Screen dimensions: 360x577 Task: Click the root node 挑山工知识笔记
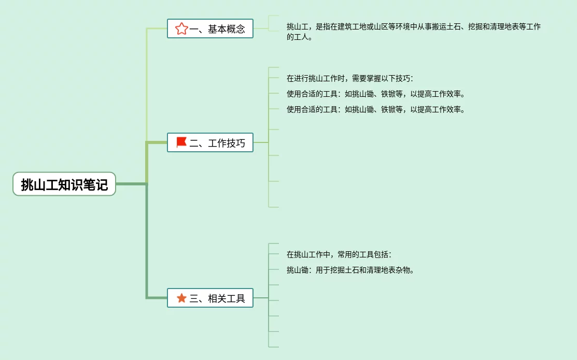(x=64, y=184)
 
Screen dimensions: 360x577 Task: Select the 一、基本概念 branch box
(x=210, y=28)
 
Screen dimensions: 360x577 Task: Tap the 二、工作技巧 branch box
(x=210, y=142)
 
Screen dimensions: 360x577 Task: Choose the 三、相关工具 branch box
(x=210, y=298)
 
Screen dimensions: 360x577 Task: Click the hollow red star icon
(x=181, y=28)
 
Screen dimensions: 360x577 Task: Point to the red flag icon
(x=181, y=142)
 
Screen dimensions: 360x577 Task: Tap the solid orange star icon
(x=181, y=298)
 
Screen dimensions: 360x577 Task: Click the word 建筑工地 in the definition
(x=352, y=26)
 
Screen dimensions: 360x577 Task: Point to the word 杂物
(x=403, y=270)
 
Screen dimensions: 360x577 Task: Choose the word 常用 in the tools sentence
(x=345, y=255)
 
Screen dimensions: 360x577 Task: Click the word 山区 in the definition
(x=381, y=26)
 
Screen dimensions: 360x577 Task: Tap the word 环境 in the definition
(x=403, y=26)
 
